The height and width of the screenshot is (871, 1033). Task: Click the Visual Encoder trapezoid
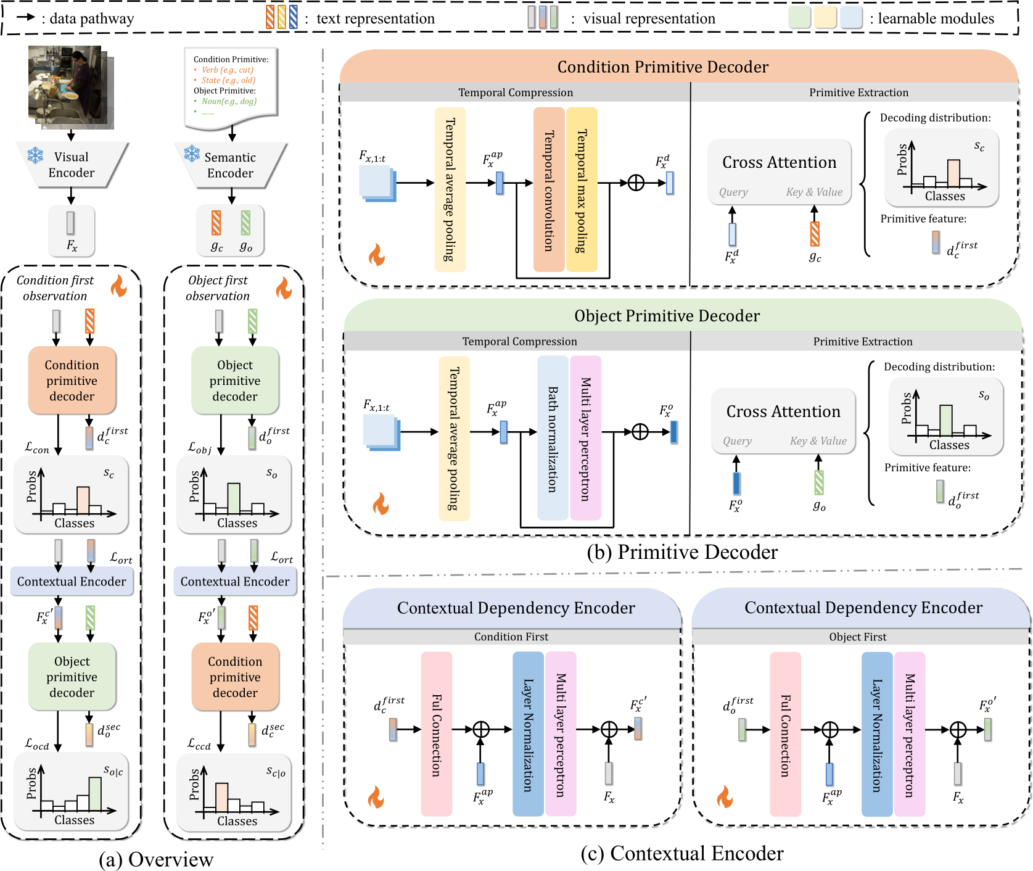point(72,165)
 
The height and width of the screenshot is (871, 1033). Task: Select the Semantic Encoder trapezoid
point(230,165)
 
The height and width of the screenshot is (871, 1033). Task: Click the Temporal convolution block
point(549,190)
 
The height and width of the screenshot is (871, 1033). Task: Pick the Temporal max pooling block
point(582,190)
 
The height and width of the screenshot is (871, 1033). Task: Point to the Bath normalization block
point(553,439)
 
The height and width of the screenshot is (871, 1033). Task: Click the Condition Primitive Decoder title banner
point(663,67)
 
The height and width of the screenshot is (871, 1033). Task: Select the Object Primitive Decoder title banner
point(667,316)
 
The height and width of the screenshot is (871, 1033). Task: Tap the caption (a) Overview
point(156,859)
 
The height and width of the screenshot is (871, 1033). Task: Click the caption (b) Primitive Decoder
point(682,552)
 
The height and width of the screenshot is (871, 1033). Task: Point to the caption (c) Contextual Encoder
point(682,853)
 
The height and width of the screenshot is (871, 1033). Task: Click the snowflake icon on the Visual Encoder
point(35,155)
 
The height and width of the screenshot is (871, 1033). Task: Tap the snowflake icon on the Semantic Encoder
point(192,153)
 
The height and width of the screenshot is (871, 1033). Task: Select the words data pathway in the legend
point(91,19)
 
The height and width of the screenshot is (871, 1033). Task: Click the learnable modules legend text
point(936,19)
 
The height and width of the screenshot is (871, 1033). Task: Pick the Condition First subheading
point(511,637)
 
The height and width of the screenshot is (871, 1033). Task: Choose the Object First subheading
point(857,637)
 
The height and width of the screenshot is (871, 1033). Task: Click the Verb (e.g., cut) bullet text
point(228,70)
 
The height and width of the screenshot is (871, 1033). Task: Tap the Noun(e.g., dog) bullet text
point(229,101)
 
